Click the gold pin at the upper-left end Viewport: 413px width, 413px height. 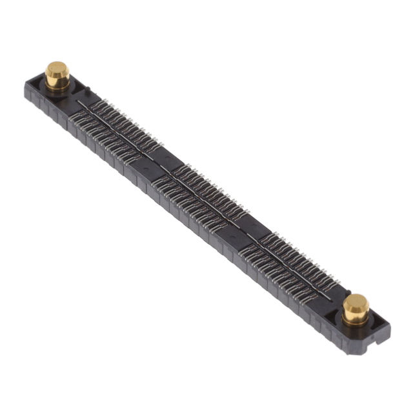57,76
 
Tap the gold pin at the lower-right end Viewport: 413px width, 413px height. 355,309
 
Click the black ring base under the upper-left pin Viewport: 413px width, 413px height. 57,88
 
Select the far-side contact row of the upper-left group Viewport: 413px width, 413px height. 129,116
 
